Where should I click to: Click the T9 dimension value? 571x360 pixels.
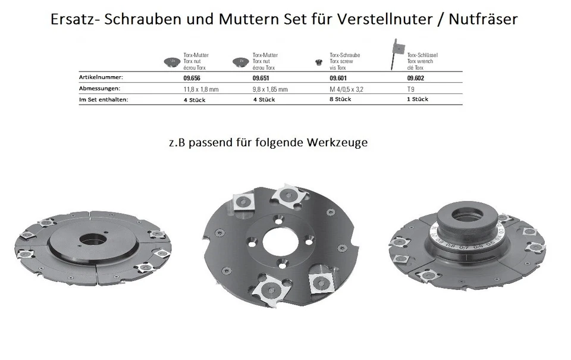411,89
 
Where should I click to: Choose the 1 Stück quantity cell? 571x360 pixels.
418,99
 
